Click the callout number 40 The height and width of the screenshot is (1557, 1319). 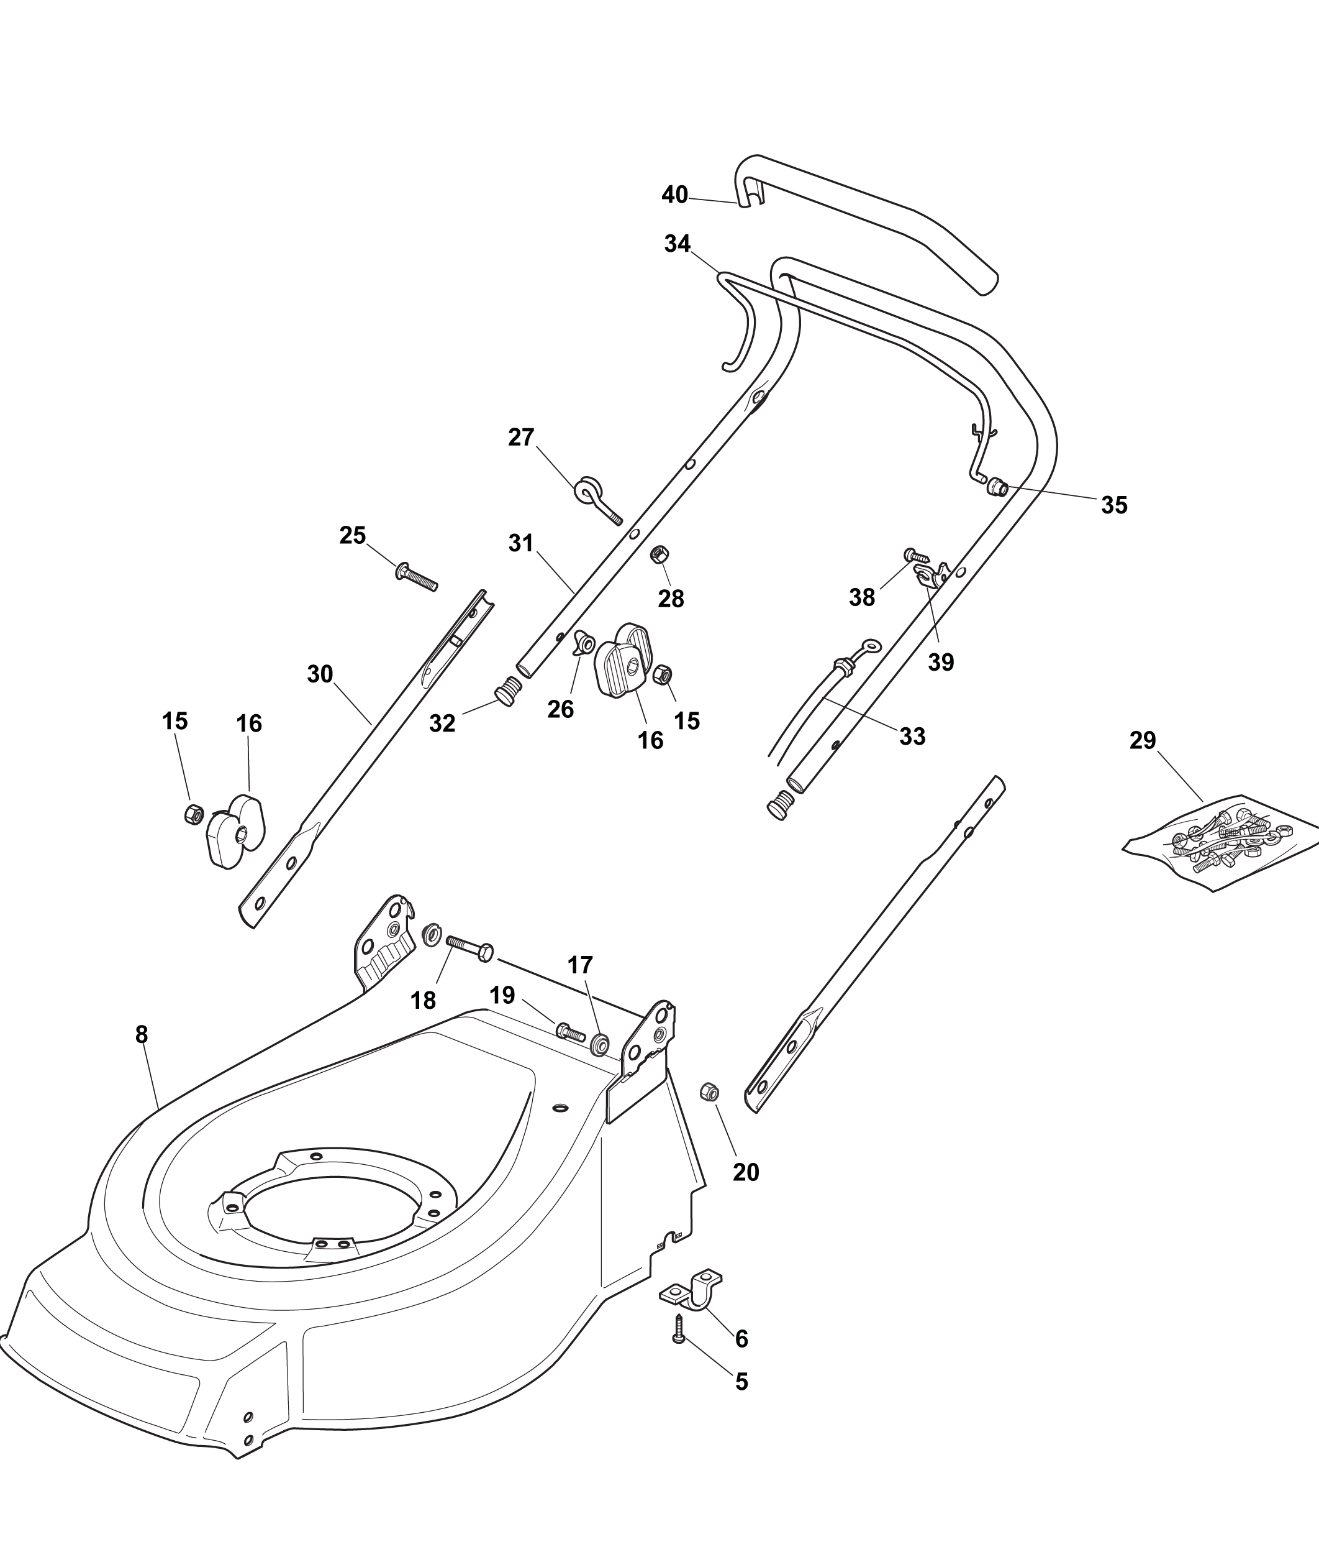[674, 195]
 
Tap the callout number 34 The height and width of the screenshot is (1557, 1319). [678, 244]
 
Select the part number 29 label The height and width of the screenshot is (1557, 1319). [1143, 741]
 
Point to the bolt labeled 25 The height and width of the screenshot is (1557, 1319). [415, 577]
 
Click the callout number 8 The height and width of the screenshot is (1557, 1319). [142, 1035]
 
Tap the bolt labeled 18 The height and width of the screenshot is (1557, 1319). [469, 947]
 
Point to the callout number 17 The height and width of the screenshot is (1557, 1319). [580, 965]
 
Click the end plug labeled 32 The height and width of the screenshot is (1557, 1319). [507, 691]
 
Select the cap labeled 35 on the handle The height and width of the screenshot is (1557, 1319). [997, 488]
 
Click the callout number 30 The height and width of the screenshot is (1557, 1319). [320, 674]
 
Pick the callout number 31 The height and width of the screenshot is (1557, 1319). [520, 543]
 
